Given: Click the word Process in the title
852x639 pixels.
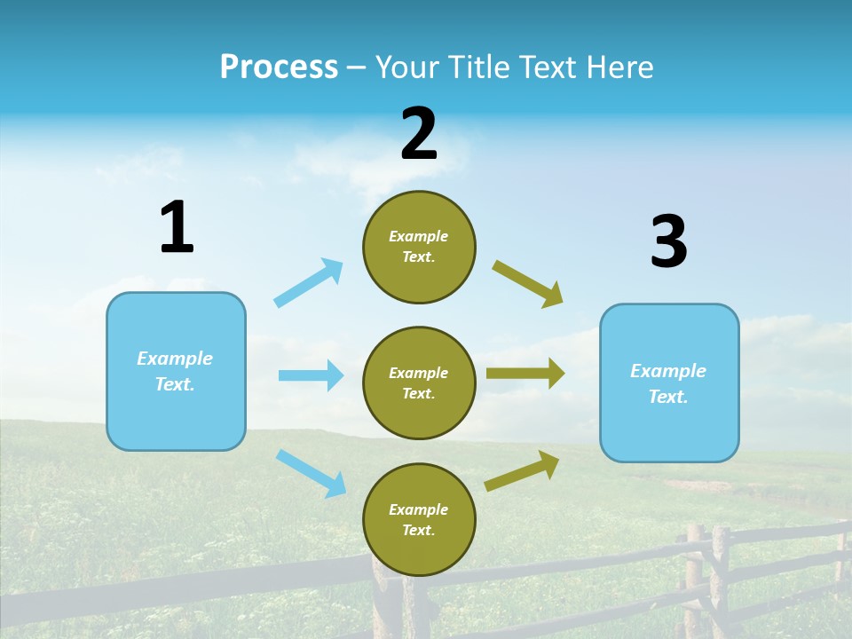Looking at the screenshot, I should (279, 67).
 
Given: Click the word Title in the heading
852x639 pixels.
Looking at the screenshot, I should (477, 67).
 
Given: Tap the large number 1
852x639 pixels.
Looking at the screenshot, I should (177, 227).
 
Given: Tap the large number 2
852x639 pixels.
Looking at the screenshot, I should (419, 134).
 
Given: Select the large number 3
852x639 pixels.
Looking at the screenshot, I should (668, 241).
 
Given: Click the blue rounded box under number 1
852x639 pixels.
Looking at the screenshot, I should (176, 371).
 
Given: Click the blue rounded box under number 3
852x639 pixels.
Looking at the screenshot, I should (669, 383).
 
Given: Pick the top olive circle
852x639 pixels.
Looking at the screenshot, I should (419, 247).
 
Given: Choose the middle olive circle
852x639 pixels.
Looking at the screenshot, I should (419, 383).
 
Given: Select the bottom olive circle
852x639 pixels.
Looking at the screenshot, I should (419, 519).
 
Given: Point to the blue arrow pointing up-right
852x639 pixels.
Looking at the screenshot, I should (309, 282).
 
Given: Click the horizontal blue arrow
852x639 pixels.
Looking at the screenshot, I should (311, 375).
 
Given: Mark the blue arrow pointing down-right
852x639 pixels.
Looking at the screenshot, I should (311, 473).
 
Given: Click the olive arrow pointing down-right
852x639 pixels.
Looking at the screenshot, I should (528, 283).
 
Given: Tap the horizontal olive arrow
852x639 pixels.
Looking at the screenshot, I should (525, 374).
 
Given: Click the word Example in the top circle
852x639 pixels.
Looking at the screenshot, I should (419, 236).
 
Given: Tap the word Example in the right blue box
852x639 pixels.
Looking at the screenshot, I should (668, 371).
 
